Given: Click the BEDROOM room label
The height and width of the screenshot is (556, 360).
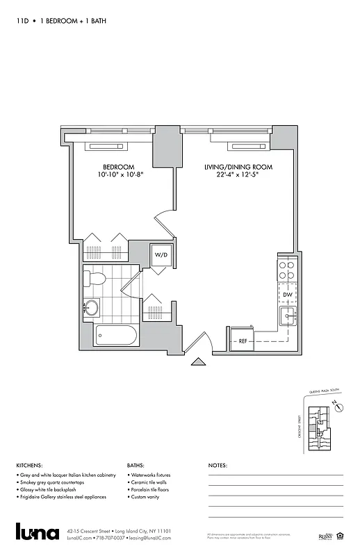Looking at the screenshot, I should (x=118, y=167).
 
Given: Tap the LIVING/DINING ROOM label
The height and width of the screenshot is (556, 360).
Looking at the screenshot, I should (x=238, y=167).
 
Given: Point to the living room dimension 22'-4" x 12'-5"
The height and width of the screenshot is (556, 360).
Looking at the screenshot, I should (x=238, y=175).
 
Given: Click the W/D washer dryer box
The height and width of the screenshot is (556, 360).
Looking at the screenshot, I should (x=161, y=255).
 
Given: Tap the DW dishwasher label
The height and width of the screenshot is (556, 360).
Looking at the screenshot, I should (x=287, y=295).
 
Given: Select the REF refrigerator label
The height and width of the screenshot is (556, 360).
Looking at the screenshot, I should (x=243, y=341).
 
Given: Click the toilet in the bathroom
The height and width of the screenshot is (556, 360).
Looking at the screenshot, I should (x=95, y=279).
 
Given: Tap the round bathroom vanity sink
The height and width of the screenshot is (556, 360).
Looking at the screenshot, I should (x=91, y=307).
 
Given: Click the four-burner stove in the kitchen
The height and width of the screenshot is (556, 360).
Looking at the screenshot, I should (x=287, y=269).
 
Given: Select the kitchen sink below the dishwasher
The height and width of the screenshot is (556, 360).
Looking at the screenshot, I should (x=287, y=318).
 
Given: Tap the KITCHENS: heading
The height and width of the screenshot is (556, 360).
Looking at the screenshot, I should (x=29, y=466).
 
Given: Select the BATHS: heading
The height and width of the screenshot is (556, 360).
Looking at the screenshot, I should (x=136, y=466).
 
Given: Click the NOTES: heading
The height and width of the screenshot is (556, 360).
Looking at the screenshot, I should (x=218, y=466).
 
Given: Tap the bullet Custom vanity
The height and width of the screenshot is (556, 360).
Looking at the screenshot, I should (x=148, y=498).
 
